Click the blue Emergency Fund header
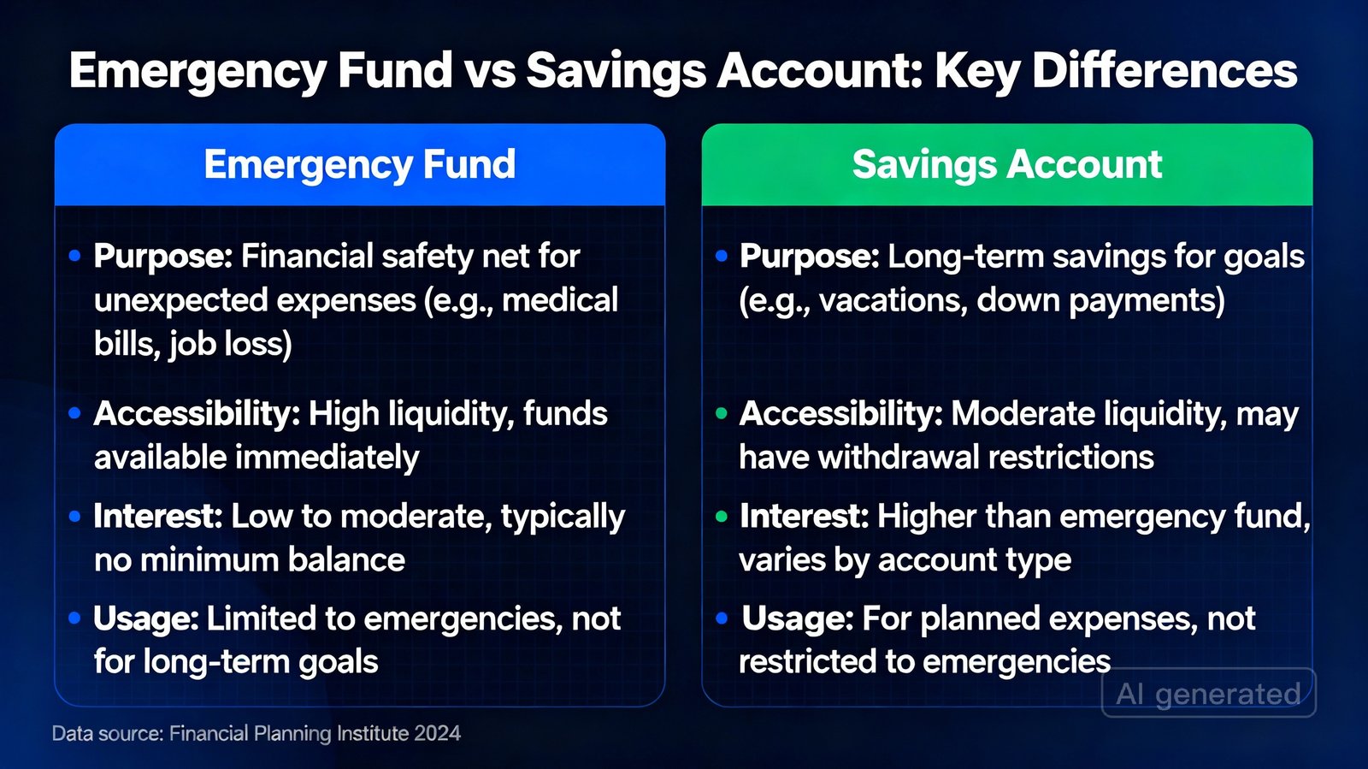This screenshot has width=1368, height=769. click(x=360, y=164)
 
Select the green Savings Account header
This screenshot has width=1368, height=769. click(x=1006, y=164)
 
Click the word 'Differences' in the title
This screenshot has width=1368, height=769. click(x=1165, y=71)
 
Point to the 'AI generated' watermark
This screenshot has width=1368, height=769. click(x=1208, y=693)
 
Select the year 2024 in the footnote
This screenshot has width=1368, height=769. click(x=437, y=734)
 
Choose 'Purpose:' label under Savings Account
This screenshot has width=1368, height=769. click(x=809, y=257)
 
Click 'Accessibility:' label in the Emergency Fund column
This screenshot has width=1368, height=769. click(x=197, y=414)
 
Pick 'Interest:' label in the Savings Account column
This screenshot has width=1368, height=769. click(x=804, y=517)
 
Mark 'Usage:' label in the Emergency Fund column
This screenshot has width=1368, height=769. click(x=146, y=618)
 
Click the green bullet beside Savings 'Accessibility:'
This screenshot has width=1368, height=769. click(x=722, y=414)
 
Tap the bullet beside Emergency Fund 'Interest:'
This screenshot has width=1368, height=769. click(x=75, y=517)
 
